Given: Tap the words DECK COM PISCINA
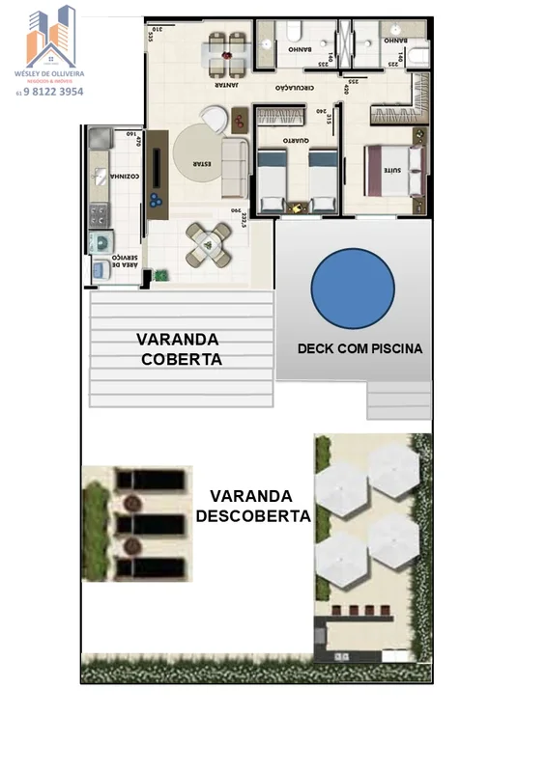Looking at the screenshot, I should tap(359, 348).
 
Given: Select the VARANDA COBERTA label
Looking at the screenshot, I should tap(179, 349).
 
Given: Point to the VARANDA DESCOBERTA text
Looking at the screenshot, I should tap(252, 505).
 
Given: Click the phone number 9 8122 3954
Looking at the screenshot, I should tap(52, 93).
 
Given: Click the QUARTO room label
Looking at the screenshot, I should tap(297, 142).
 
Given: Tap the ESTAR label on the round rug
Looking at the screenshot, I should tap(201, 163).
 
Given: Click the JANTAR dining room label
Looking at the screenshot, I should tap(229, 85).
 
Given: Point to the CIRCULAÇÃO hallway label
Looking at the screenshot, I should tap(298, 87).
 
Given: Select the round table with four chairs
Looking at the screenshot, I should tap(209, 244).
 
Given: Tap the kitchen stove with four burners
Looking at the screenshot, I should tap(99, 214).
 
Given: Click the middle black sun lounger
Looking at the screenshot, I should tap(148, 523).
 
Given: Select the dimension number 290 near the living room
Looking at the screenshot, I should tap(235, 210).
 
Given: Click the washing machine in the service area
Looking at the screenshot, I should tap(100, 242).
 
